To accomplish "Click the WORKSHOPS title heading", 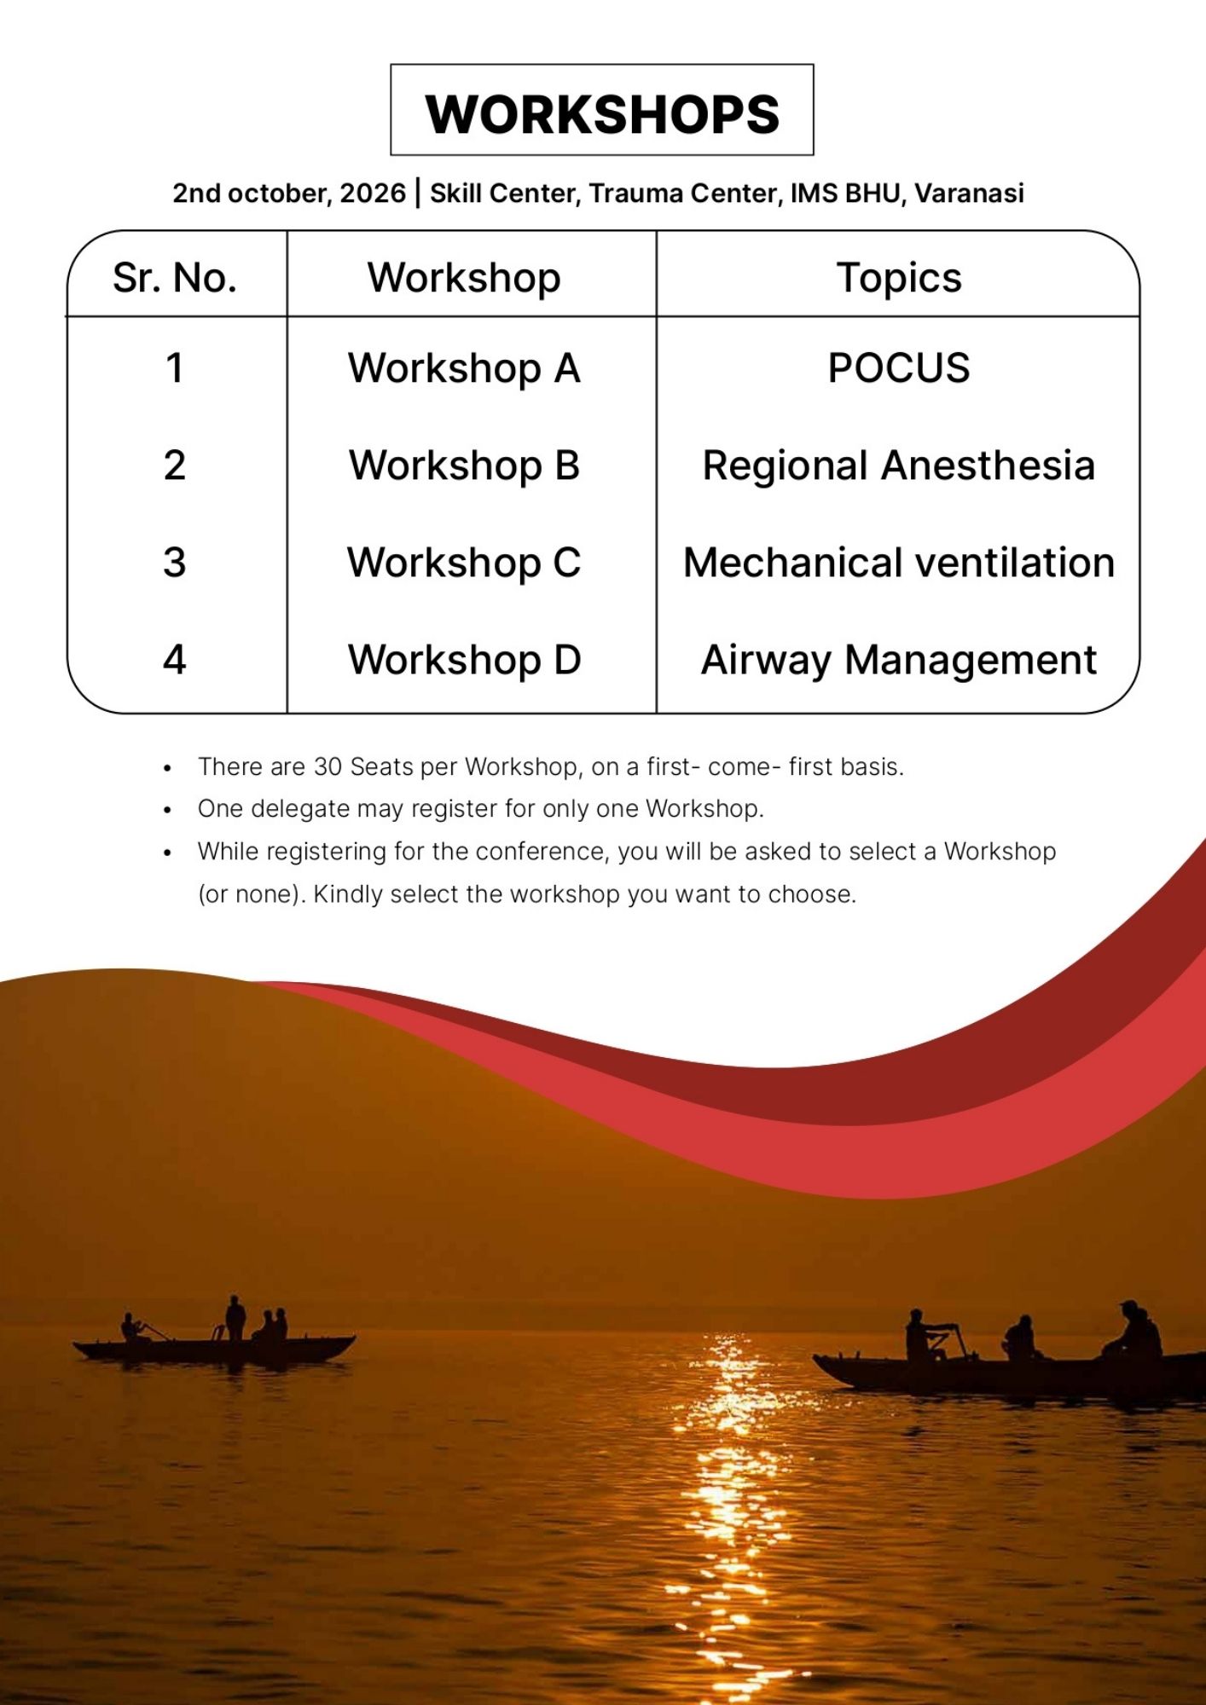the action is click(602, 113).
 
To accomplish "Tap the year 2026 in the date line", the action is click(373, 193).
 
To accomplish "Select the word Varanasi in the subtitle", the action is click(969, 193).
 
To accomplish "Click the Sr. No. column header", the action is click(175, 278).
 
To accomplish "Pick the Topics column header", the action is click(899, 278).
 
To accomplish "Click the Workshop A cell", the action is click(464, 368).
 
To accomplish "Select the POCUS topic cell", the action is click(899, 368).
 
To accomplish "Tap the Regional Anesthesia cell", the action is click(899, 465).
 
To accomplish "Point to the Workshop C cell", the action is click(464, 563).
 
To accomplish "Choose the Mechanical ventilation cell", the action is click(899, 563).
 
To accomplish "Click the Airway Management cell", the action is click(899, 660).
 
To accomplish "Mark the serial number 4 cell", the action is click(175, 660).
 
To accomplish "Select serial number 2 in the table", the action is click(175, 465).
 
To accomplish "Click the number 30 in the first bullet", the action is click(328, 766).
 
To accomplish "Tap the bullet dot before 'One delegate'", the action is click(168, 810).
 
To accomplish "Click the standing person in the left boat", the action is click(235, 1319).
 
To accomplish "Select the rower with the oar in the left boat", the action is click(132, 1328).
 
